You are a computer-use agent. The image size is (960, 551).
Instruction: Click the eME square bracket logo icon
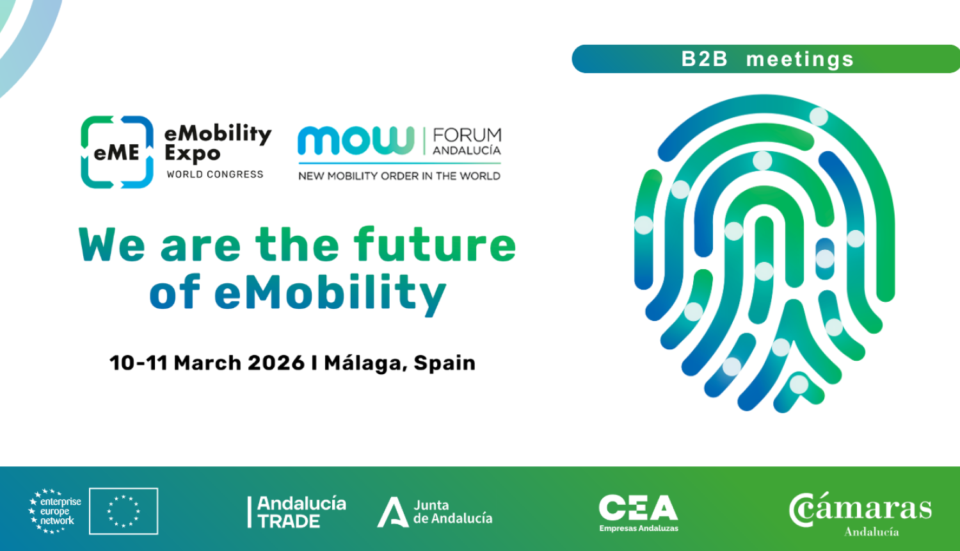tap(117, 152)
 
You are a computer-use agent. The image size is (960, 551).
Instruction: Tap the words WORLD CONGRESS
tap(215, 174)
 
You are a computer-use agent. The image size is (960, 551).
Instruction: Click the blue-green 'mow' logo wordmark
tap(356, 140)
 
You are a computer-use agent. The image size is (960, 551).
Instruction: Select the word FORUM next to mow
tap(467, 136)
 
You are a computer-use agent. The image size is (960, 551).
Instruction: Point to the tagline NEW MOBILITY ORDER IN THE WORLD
tap(399, 176)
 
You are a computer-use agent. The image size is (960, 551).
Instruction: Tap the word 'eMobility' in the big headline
tap(330, 293)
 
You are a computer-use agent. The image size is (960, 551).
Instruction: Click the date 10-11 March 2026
tap(207, 363)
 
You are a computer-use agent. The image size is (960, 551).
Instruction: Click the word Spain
tap(444, 363)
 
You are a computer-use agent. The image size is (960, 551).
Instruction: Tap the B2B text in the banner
tap(705, 59)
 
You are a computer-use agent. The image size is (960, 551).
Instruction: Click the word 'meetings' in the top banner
tap(800, 60)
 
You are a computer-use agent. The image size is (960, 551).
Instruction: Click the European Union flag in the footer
tap(124, 511)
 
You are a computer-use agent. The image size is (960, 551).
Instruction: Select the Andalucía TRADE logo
tap(298, 512)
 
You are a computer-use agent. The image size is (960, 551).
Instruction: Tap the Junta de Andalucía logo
tap(435, 512)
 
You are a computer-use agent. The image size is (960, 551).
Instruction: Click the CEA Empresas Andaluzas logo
tap(638, 513)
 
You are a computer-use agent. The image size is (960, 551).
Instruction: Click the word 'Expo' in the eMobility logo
tap(193, 154)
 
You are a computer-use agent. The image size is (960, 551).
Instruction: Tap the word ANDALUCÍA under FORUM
tap(467, 151)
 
